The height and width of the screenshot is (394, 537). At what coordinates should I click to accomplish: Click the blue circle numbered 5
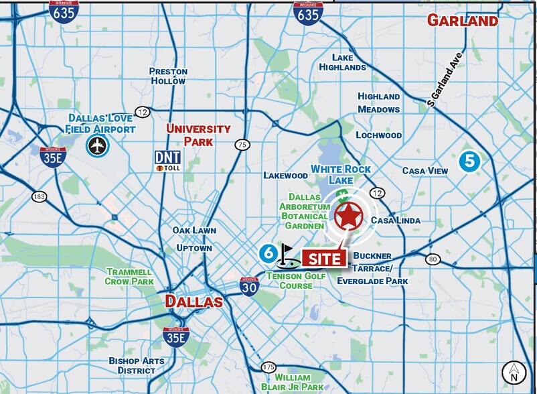[x=469, y=161]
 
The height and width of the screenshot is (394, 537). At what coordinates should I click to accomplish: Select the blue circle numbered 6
[x=268, y=253]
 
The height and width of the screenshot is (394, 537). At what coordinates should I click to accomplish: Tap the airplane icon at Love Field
[x=98, y=145]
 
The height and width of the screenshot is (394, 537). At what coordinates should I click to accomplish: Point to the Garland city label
[x=463, y=21]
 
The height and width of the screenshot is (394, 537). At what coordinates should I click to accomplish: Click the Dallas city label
[x=194, y=301]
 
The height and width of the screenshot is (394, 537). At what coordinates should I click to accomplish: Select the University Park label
[x=198, y=135]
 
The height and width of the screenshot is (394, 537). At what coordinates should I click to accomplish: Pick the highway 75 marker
[x=242, y=145]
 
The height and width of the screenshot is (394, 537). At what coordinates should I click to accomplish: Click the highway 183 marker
[x=38, y=196]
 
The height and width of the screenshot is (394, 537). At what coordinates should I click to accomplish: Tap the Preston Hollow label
[x=168, y=76]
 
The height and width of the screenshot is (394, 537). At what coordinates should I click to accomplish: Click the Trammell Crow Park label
[x=130, y=277]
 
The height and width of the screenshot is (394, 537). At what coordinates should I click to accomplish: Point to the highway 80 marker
[x=433, y=259]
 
